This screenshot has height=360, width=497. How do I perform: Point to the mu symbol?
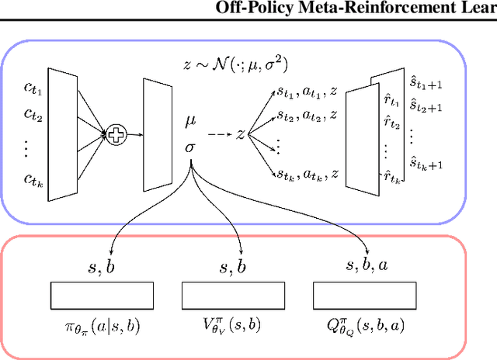click(x=190, y=122)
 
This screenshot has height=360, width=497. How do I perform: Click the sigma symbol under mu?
click(x=190, y=145)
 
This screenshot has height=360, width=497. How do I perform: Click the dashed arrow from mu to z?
click(x=220, y=133)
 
